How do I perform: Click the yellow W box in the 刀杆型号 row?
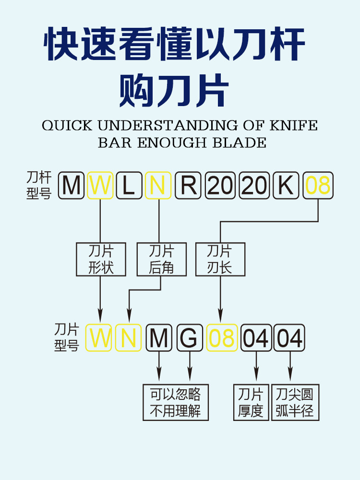pos(100,185)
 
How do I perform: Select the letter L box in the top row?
pos(129,185)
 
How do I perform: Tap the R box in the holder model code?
pos(188,185)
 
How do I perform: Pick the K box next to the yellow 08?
pos(287,185)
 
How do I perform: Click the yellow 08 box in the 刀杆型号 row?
pos(318,185)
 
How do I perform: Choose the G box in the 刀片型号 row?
pos(190,338)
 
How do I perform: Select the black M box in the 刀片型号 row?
pos(159,338)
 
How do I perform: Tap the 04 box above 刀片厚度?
pos(256,338)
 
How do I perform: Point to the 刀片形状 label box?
pos(101,259)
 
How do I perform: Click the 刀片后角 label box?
pos(161,259)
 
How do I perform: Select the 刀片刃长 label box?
pos(220,259)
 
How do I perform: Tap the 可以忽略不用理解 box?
pos(176,402)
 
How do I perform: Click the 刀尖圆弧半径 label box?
pos(295,402)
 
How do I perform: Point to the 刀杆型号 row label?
pos(38,186)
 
